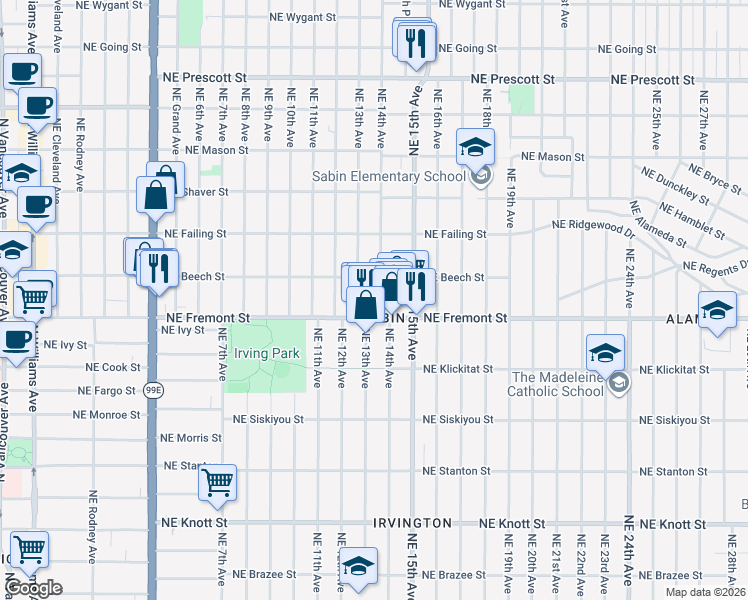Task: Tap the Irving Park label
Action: tap(266, 354)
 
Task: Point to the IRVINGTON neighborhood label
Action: tap(412, 523)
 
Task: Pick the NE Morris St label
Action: tap(192, 438)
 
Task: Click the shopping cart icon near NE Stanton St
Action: tap(217, 483)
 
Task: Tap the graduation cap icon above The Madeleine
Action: tap(605, 353)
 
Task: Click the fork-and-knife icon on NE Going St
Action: tap(415, 42)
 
